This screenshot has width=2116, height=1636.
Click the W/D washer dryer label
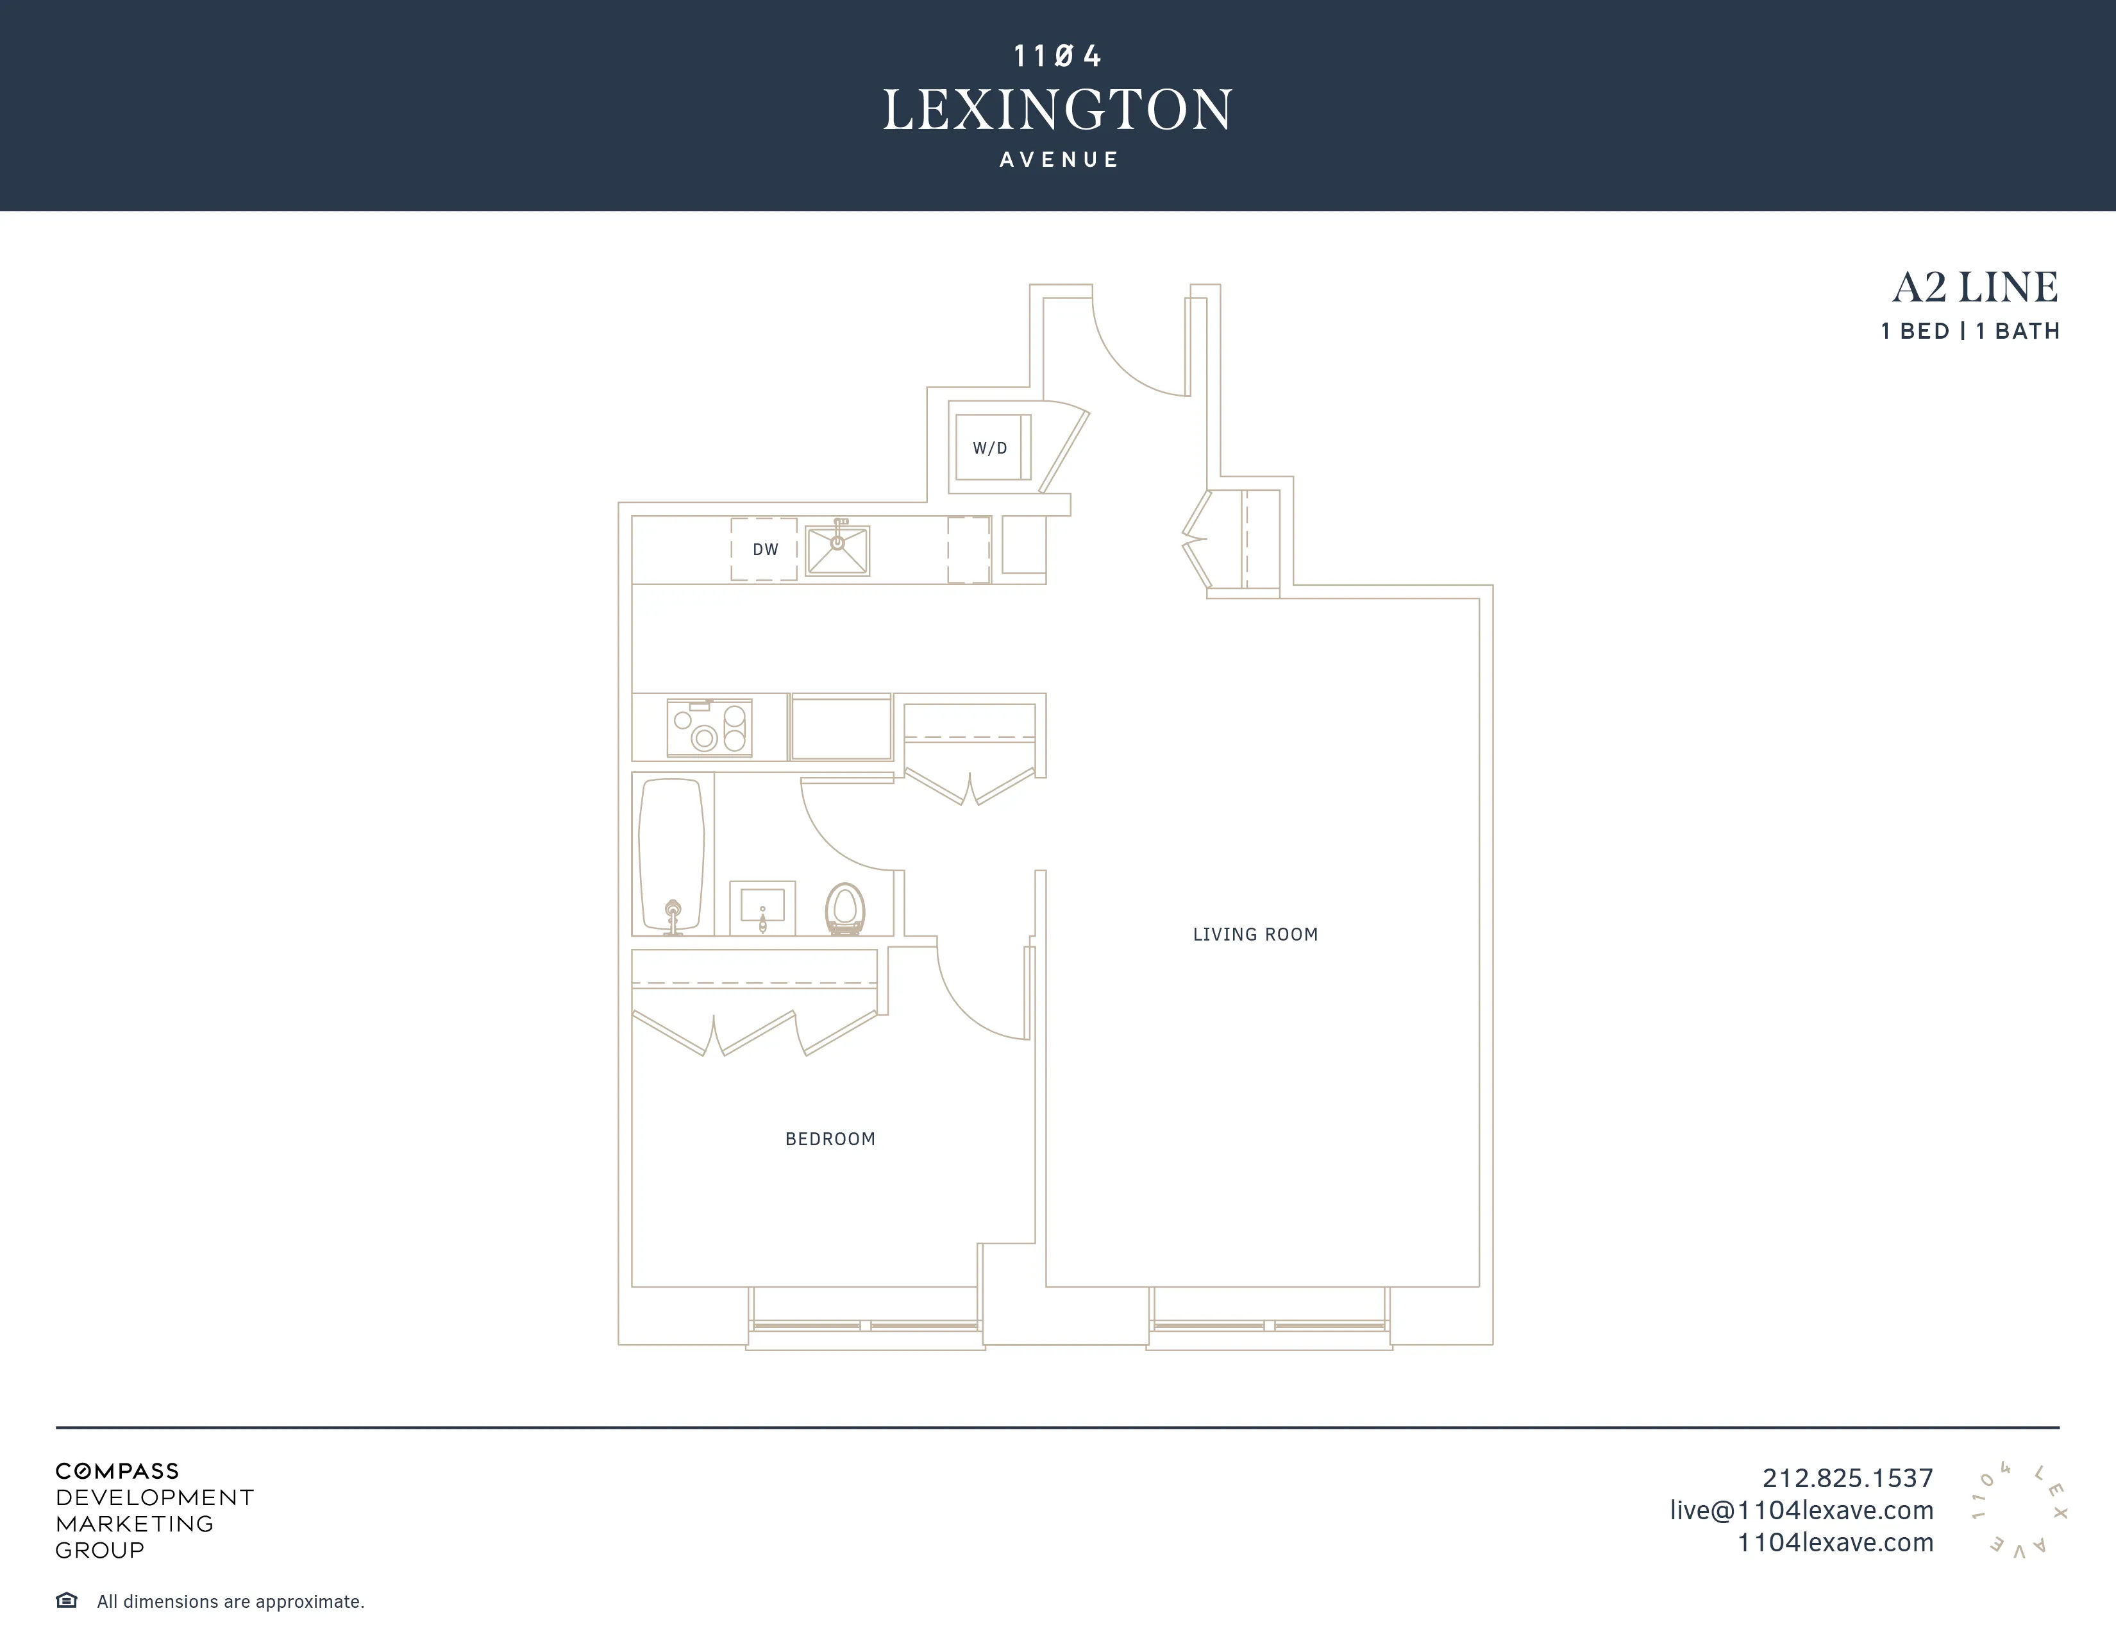[990, 448]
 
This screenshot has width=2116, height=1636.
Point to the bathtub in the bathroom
[671, 853]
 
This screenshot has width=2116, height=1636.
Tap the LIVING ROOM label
[1255, 934]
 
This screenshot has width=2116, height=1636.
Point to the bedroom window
[865, 1325]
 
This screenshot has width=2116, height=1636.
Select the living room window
[1269, 1325]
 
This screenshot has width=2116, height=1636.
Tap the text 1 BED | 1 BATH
[1970, 332]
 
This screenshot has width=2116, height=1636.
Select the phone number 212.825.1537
[1847, 1478]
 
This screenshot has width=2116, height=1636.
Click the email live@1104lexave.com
[1801, 1510]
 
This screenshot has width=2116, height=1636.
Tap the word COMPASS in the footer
[117, 1471]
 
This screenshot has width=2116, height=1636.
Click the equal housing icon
[67, 1600]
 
